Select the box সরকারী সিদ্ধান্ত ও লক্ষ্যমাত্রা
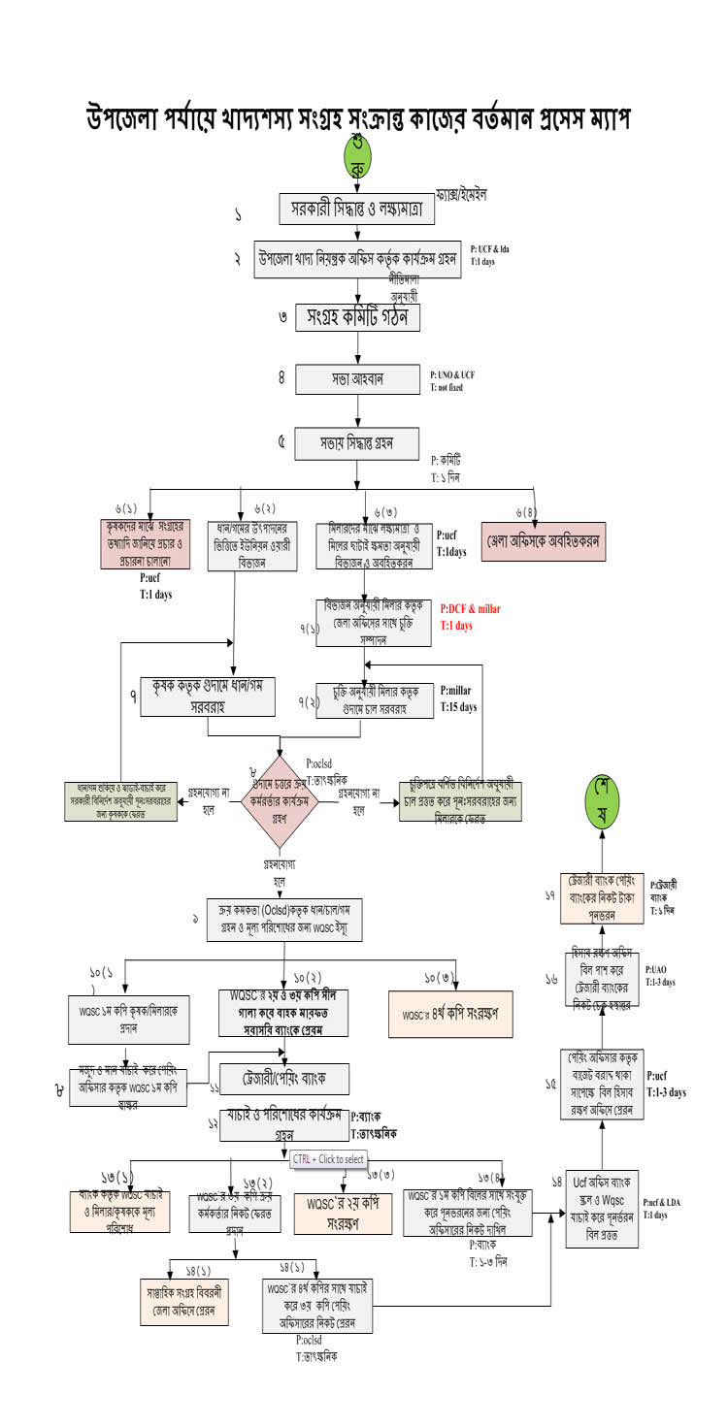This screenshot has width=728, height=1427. (358, 209)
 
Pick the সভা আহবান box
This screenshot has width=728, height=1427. (357, 378)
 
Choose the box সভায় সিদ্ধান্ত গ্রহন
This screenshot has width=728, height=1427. (357, 440)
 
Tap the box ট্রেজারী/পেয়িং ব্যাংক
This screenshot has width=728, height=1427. (281, 1079)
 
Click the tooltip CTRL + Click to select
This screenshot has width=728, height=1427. (328, 1158)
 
